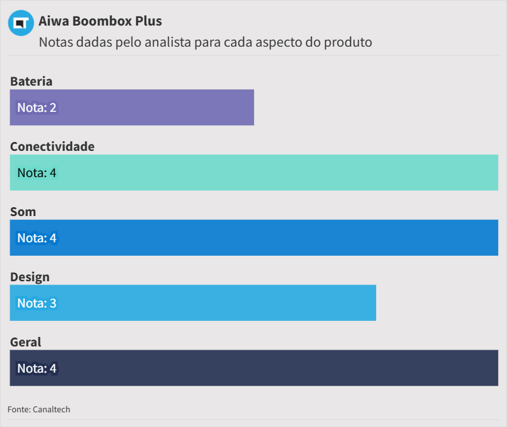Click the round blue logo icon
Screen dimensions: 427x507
pyautogui.click(x=21, y=23)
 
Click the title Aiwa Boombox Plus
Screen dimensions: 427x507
pyautogui.click(x=100, y=21)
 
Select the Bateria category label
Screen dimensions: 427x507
pyautogui.click(x=31, y=81)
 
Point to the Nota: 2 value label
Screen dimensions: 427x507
pyautogui.click(x=37, y=107)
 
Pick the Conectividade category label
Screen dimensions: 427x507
pyautogui.click(x=52, y=146)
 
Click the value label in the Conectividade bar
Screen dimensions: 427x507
pyautogui.click(x=37, y=173)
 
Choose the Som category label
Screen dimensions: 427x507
pyautogui.click(x=23, y=212)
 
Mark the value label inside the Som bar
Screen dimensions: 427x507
pyautogui.click(x=37, y=238)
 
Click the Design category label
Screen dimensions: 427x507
pyautogui.click(x=30, y=277)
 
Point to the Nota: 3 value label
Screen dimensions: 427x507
pyautogui.click(x=37, y=303)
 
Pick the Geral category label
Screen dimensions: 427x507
pyautogui.click(x=26, y=342)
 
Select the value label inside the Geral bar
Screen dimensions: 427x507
pyautogui.click(x=37, y=368)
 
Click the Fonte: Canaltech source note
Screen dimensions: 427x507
pyautogui.click(x=39, y=409)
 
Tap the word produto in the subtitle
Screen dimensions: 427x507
pyautogui.click(x=348, y=42)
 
